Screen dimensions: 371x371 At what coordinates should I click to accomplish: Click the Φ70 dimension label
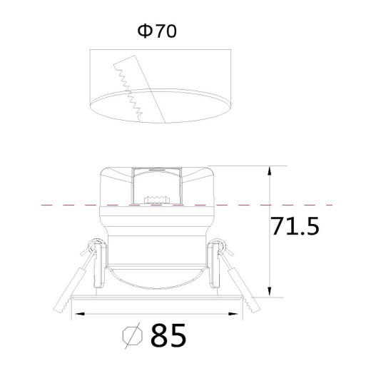157,31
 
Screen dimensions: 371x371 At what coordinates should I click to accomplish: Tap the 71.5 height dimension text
295,226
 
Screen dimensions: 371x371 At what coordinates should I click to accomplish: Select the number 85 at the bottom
168,335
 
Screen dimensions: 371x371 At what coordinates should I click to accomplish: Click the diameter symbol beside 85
133,336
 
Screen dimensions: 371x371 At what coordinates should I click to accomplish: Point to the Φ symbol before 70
145,31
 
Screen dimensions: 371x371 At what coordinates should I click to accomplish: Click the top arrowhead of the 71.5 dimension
269,171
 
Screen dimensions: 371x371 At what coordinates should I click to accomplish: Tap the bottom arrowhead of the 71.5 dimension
269,292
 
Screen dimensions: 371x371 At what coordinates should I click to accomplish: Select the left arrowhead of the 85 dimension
80,314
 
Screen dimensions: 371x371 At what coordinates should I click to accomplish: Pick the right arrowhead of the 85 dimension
233,314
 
